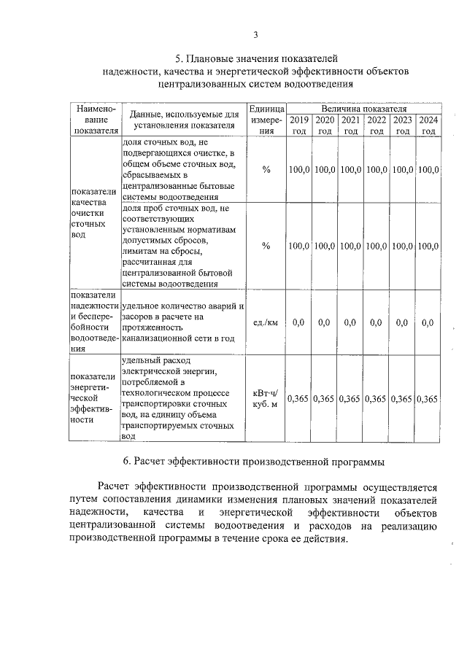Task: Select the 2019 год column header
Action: tap(298, 125)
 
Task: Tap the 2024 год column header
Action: tap(429, 125)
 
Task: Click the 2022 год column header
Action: tap(377, 125)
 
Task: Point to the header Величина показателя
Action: tap(363, 108)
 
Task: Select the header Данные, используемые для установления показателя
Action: tap(184, 120)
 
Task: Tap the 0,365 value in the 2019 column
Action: tap(298, 399)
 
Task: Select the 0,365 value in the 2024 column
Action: tap(429, 399)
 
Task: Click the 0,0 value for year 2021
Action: tap(350, 322)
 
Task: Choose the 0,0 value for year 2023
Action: tap(402, 322)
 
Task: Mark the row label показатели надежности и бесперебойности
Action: tap(94, 322)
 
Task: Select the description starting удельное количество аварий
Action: tap(184, 322)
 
